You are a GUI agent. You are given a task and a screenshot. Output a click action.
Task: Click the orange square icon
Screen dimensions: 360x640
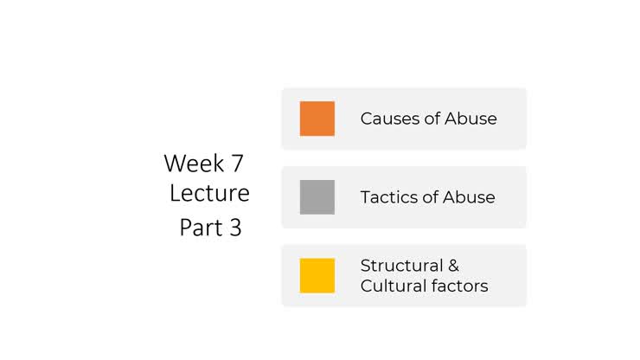(317, 119)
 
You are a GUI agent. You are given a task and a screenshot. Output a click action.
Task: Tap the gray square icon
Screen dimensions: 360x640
(317, 197)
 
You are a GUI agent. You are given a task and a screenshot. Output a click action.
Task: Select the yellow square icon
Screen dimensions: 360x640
(317, 275)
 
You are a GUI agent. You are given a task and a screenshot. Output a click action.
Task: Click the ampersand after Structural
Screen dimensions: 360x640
(452, 265)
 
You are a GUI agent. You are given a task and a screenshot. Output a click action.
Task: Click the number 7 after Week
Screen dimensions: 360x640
(237, 163)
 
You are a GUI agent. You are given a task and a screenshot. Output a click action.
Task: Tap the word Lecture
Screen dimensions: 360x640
(209, 193)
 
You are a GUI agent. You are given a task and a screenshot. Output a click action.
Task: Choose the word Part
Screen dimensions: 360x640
(199, 228)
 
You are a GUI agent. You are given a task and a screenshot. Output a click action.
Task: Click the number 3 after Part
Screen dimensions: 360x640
(234, 228)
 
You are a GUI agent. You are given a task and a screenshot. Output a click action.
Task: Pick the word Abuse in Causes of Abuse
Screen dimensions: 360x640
(470, 119)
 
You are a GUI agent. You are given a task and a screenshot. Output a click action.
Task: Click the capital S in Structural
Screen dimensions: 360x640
(365, 265)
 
